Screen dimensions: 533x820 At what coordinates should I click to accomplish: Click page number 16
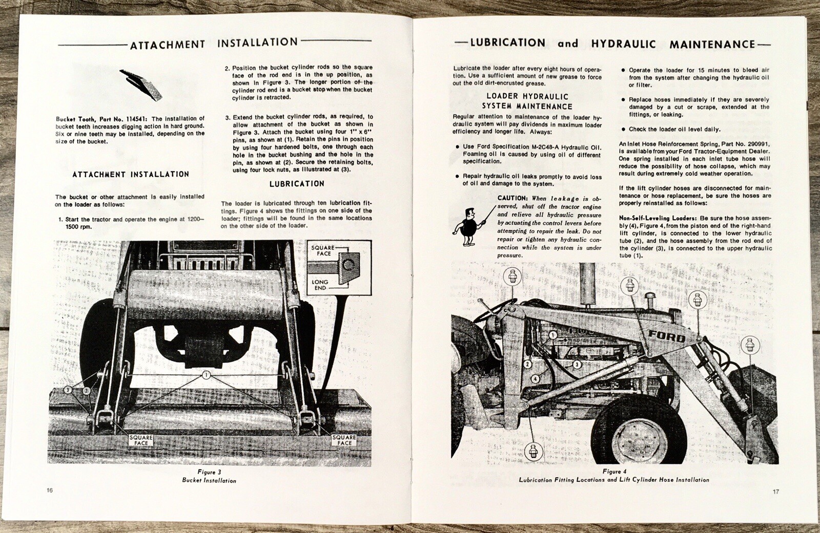pos(49,491)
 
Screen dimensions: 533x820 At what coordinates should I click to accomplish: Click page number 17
pos(775,492)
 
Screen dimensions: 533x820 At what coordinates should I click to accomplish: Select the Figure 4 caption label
pos(614,472)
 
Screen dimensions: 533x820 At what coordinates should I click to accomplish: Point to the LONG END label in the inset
pos(320,285)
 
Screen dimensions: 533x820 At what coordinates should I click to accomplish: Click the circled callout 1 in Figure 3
pos(206,375)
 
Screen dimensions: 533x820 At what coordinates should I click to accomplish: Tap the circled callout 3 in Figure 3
pos(67,390)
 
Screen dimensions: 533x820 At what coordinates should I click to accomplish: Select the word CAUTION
pos(512,198)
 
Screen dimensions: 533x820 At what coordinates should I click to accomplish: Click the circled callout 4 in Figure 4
pos(535,378)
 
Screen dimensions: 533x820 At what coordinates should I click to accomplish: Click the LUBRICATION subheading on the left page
pos(297,184)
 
